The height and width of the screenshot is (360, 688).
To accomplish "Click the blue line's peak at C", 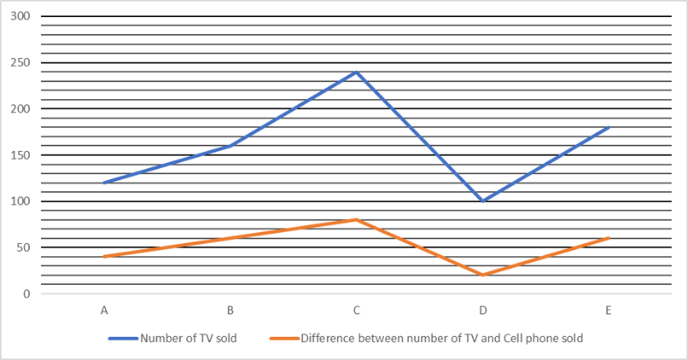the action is pyautogui.click(x=356, y=72).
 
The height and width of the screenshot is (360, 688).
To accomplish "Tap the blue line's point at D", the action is pyautogui.click(x=482, y=201).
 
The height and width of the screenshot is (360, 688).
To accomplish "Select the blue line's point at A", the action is pyautogui.click(x=104, y=183).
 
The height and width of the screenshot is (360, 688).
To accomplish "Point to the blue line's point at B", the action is pyautogui.click(x=230, y=146).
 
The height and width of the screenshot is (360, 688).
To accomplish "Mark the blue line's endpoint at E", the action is pyautogui.click(x=609, y=127).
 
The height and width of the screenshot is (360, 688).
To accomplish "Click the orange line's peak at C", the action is pyautogui.click(x=356, y=220).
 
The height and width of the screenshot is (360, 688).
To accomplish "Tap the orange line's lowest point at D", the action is pyautogui.click(x=482, y=275).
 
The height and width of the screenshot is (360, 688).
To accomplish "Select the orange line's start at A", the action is pyautogui.click(x=104, y=257).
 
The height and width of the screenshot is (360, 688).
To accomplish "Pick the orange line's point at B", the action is pyautogui.click(x=230, y=238).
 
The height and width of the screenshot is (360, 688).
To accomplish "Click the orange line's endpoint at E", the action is pyautogui.click(x=609, y=238).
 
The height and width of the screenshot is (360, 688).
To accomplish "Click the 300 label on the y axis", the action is pyautogui.click(x=20, y=16).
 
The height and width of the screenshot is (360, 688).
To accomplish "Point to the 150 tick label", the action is pyautogui.click(x=20, y=155).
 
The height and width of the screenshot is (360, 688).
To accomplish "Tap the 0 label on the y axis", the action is pyautogui.click(x=26, y=293).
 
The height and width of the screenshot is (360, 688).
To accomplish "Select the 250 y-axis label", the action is pyautogui.click(x=20, y=63).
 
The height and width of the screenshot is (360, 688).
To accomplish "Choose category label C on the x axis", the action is pyautogui.click(x=356, y=311).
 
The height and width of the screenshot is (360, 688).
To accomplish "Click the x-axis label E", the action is pyautogui.click(x=609, y=311).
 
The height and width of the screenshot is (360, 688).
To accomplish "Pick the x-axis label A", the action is pyautogui.click(x=104, y=311).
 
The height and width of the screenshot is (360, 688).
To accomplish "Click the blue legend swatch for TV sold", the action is pyautogui.click(x=123, y=339).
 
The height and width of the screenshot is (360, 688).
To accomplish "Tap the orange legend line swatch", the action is pyautogui.click(x=284, y=339).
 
